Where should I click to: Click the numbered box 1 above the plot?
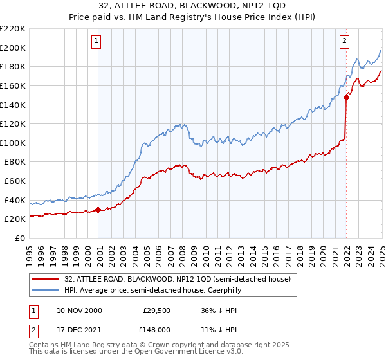point(96,41)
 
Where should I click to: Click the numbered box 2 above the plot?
point(345,41)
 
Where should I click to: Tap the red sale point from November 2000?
point(98,210)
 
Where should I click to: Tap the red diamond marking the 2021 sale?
point(347,96)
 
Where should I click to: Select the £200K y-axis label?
point(13,48)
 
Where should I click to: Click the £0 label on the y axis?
point(21,238)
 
